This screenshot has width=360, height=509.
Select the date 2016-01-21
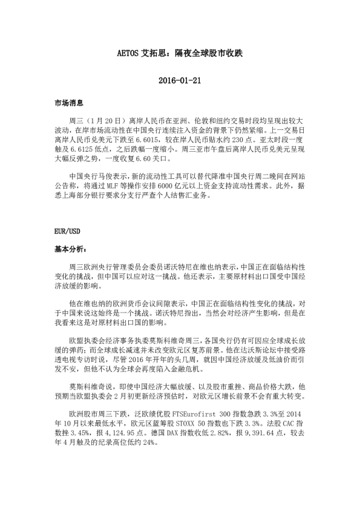coord(179,80)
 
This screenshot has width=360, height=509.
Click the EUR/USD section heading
coord(67,232)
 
